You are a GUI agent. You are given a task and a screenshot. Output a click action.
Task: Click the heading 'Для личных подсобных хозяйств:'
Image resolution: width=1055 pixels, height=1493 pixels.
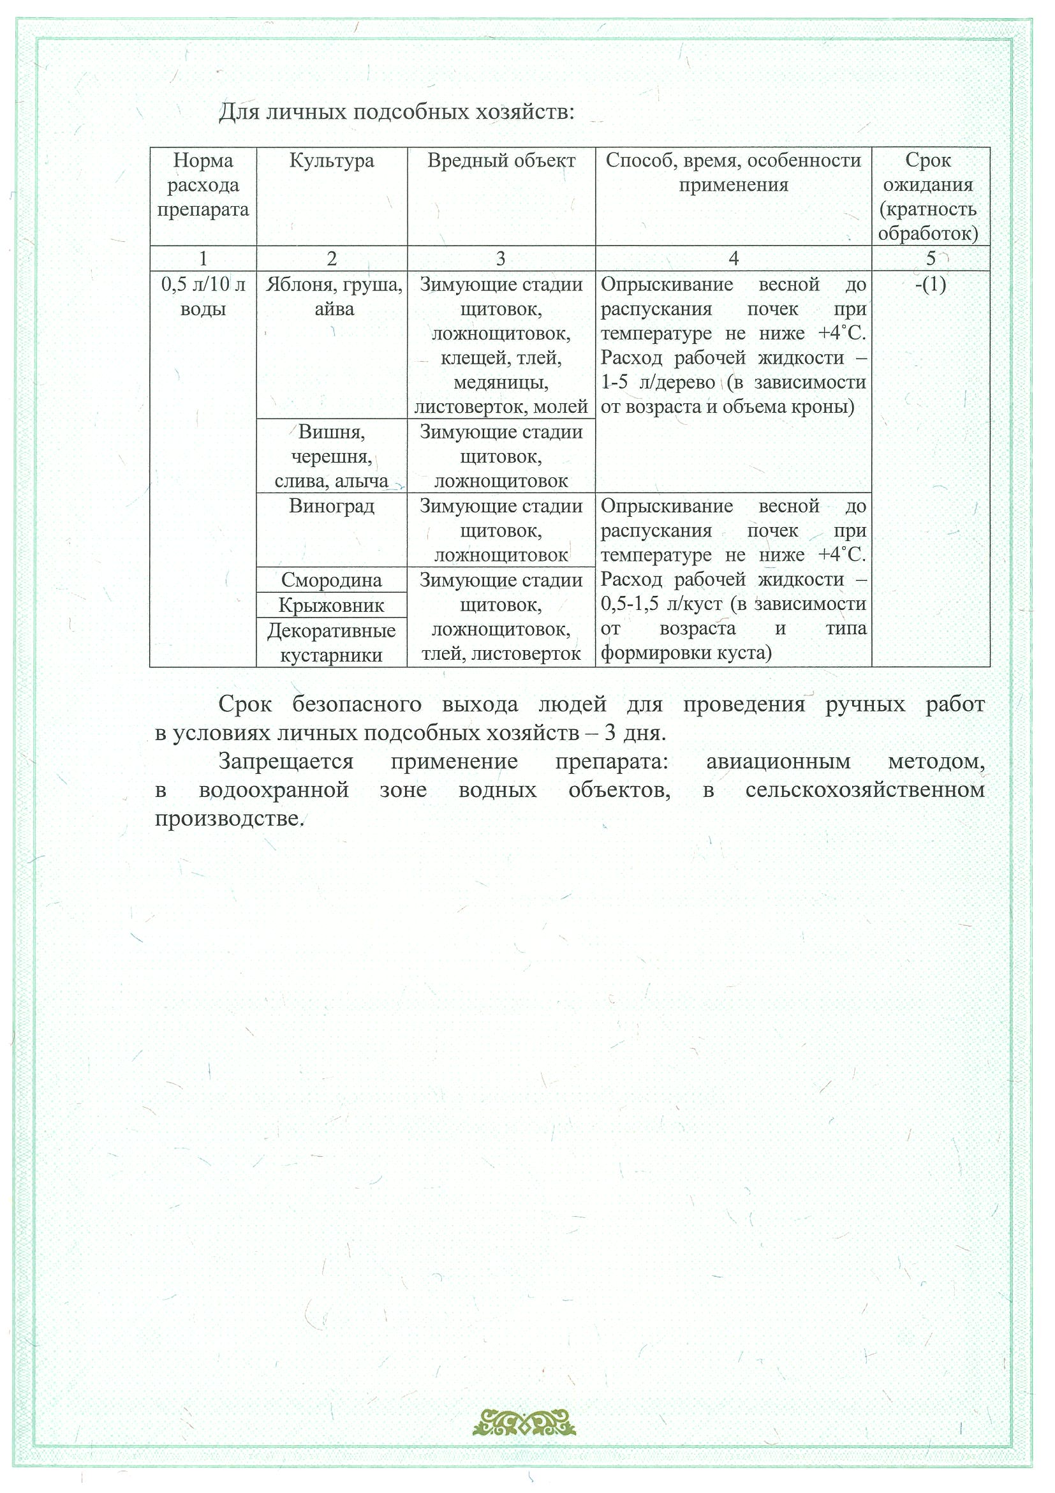point(397,112)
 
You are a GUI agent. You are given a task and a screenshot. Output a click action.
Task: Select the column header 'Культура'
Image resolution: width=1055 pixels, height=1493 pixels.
point(332,161)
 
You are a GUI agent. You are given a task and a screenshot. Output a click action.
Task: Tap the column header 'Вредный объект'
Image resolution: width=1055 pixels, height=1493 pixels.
point(501,161)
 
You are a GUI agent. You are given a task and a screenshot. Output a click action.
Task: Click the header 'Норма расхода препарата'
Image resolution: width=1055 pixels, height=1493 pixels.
point(203,185)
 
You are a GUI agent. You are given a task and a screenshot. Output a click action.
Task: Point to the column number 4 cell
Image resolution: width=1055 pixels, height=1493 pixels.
point(734,259)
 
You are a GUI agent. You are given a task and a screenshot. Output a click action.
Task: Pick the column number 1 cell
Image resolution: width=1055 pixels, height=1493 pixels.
point(203,259)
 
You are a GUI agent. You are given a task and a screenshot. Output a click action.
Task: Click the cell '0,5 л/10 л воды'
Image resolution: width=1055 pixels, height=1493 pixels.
point(203,297)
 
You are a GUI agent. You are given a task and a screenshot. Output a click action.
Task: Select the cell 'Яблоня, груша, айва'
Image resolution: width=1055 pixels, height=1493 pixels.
point(334,297)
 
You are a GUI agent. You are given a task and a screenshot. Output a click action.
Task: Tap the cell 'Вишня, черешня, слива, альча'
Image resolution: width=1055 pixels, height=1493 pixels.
point(332,456)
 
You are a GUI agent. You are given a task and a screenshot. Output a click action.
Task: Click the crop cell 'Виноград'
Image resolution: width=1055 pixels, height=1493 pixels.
point(332,507)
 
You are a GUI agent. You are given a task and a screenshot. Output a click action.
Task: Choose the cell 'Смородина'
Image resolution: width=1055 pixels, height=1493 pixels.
point(332,580)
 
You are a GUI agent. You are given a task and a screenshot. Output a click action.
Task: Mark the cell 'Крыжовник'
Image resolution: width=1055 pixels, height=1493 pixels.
point(332,605)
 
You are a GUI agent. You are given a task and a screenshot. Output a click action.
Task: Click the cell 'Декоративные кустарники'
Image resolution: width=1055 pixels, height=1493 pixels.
point(332,643)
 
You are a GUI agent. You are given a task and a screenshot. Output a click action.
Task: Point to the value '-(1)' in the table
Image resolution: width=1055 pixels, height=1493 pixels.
point(930,285)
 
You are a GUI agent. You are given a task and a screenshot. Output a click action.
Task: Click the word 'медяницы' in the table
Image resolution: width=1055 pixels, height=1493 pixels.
point(501,382)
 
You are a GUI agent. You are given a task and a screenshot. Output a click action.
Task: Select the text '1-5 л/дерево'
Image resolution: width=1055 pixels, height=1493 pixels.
point(657,382)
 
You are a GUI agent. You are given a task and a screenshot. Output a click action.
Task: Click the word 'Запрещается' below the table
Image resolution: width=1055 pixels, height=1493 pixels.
point(286,761)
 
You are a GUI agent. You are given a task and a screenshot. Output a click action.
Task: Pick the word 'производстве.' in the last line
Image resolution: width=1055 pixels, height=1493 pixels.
point(230,819)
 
